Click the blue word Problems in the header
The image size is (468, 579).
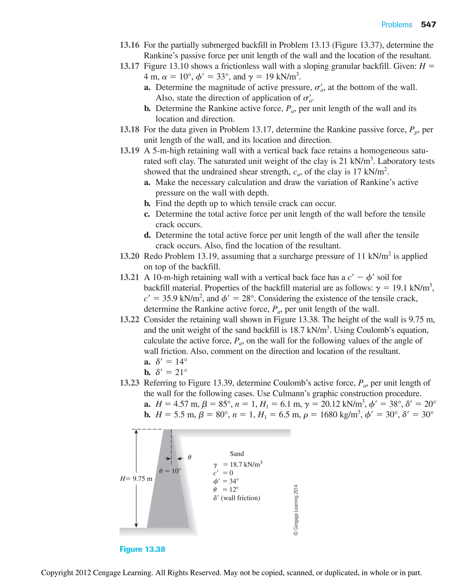pyautogui.click(x=396, y=25)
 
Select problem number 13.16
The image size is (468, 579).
pyautogui.click(x=129, y=45)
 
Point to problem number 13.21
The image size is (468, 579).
pyautogui.click(x=129, y=277)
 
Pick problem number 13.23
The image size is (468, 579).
pyautogui.click(x=129, y=383)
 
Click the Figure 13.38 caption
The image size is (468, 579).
pyautogui.click(x=142, y=549)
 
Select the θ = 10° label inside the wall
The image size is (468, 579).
pyautogui.click(x=170, y=471)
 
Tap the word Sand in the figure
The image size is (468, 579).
pyautogui.click(x=237, y=454)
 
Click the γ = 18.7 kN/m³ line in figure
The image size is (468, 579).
pyautogui.click(x=237, y=464)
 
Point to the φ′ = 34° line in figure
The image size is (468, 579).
pyautogui.click(x=226, y=481)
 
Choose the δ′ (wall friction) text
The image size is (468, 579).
pyautogui.click(x=237, y=498)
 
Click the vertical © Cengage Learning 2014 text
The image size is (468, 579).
pyautogui.click(x=296, y=510)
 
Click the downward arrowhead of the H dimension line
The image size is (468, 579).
pyautogui.click(x=136, y=525)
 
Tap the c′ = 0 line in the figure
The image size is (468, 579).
pyautogui.click(x=223, y=473)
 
